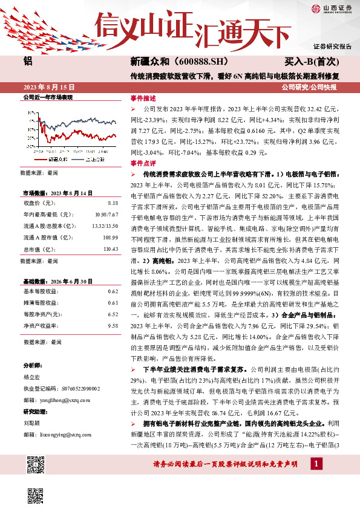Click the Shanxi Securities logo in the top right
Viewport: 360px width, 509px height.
tap(330, 8)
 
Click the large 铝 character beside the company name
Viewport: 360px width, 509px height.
tap(27, 61)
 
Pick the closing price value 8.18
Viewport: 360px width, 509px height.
tap(113, 204)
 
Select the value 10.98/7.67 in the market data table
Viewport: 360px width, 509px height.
tap(106, 215)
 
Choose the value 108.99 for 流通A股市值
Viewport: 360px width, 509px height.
tap(110, 238)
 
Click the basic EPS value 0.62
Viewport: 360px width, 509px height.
tap(113, 291)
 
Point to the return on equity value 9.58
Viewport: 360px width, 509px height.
tap(113, 325)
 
